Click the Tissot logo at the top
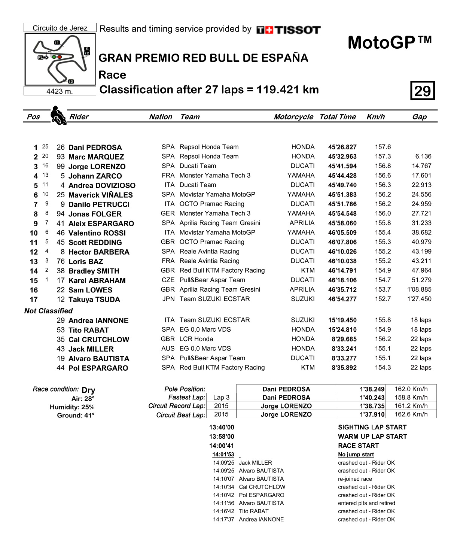[x=289, y=30]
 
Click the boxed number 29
[x=422, y=91]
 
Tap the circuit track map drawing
[x=60, y=59]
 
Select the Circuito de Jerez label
[x=60, y=28]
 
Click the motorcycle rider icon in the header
[x=58, y=116]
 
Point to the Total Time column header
[x=337, y=117]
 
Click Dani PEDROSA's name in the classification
[x=95, y=148]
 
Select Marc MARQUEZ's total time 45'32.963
[x=342, y=157]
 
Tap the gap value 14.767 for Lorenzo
[x=421, y=166]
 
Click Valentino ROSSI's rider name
[x=97, y=233]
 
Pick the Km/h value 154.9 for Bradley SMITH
[x=383, y=270]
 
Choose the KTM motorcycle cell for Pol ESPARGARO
[x=308, y=368]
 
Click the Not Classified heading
[x=48, y=311]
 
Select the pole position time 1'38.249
[x=372, y=389]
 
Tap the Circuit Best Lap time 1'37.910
[x=372, y=414]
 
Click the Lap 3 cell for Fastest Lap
[x=221, y=398]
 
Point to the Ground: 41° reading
[x=76, y=416]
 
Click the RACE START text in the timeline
[x=358, y=446]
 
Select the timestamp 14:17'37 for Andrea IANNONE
[x=223, y=519]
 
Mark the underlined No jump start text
[x=356, y=455]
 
